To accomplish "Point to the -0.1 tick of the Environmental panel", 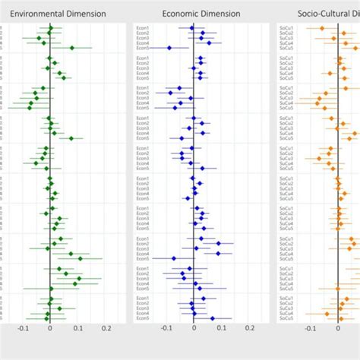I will (x=22, y=328).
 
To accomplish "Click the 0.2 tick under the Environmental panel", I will (x=106, y=328).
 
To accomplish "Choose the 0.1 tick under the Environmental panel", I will (x=78, y=328).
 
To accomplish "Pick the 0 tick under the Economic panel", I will (x=194, y=328).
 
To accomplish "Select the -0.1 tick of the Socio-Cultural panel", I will (x=310, y=328).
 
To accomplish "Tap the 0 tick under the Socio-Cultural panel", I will (x=338, y=328).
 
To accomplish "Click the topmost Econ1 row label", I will (x=143, y=28).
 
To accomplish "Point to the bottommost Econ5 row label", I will (x=143, y=318).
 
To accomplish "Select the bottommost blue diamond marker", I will (x=212, y=318).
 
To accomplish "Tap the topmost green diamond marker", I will (x=50, y=28).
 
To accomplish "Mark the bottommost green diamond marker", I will (x=46, y=318).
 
